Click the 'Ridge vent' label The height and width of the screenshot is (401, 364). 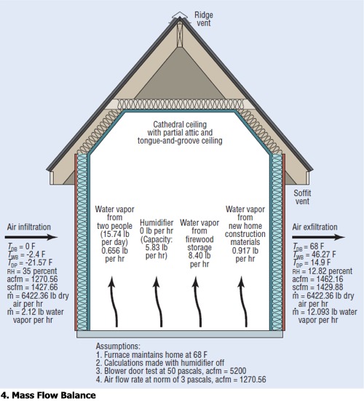[204, 19]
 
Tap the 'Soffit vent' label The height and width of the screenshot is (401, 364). [302, 197]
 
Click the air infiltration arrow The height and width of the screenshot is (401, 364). [31, 237]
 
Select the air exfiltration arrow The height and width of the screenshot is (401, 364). [319, 237]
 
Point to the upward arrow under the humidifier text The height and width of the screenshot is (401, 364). [159, 302]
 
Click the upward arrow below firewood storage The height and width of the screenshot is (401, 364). [198, 302]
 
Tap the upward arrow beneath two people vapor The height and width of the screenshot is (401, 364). [114, 302]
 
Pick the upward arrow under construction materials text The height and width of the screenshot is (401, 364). [243, 302]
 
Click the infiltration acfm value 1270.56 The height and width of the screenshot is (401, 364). [44, 279]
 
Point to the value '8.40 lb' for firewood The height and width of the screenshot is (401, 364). [199, 255]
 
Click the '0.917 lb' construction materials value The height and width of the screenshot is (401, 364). [245, 251]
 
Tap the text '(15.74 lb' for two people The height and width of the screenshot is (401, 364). [115, 234]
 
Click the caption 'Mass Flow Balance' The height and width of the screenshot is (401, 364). [54, 395]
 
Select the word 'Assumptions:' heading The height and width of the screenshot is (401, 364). [118, 346]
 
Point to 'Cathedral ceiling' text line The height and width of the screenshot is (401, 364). [180, 125]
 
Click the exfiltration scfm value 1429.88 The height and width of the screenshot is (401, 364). [329, 287]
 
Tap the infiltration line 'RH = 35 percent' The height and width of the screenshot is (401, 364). [32, 270]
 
